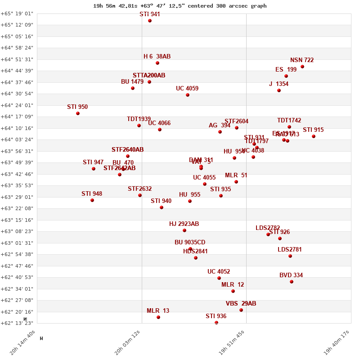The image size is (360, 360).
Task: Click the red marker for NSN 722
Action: point(302,67)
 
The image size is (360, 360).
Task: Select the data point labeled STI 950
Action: point(78,113)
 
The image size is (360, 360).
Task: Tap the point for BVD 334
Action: point(292,282)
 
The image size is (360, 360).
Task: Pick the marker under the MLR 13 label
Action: point(158,317)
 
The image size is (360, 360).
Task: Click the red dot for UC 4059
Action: point(188,95)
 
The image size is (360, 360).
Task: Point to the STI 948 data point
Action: point(92,200)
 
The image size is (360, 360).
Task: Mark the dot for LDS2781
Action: point(290,256)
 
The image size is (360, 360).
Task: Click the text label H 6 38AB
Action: point(157,57)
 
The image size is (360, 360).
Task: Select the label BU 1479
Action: point(132,82)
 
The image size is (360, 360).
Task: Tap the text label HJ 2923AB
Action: point(184,224)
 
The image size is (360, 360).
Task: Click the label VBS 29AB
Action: point(241,304)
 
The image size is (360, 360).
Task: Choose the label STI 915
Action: point(313,130)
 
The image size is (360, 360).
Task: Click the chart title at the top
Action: point(180,6)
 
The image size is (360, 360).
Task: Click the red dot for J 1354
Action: point(279,90)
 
